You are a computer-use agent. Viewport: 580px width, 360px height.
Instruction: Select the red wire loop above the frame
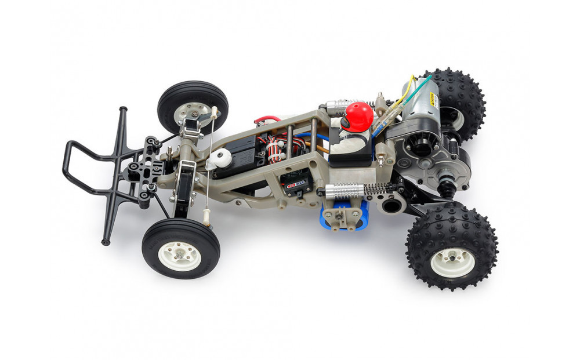[268, 120]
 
